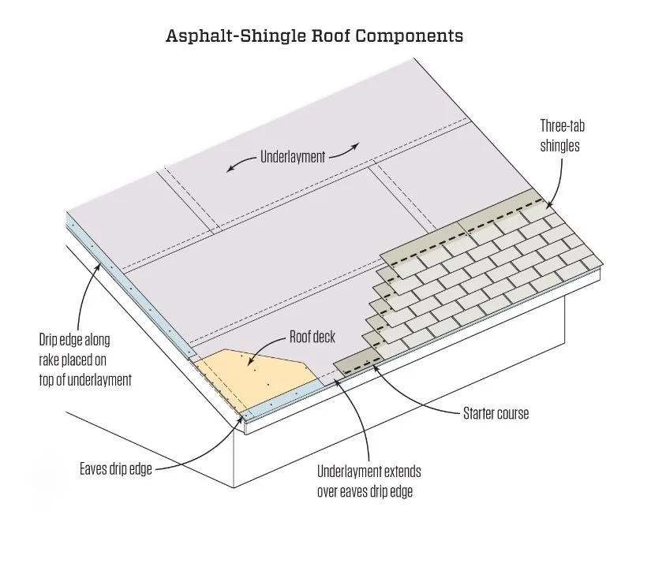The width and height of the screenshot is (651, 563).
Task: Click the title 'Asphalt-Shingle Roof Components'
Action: (313, 36)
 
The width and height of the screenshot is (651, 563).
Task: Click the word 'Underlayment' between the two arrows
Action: (293, 157)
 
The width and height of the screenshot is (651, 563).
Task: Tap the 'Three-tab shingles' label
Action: (562, 135)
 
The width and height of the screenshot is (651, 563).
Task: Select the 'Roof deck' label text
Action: (312, 337)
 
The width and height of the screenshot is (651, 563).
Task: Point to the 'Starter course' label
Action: (496, 413)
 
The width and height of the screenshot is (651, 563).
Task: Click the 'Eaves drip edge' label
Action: (115, 468)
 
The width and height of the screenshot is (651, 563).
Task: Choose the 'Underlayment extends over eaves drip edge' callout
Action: (369, 481)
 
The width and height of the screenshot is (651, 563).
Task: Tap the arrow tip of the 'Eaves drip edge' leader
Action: (242, 419)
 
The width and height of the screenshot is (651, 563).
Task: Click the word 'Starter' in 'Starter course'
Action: (479, 413)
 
